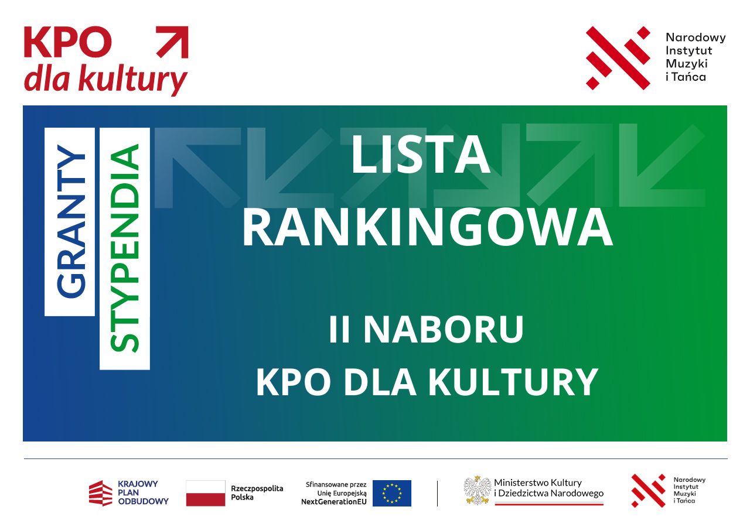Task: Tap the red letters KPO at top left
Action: coord(67,42)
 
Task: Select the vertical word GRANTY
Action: coord(71,221)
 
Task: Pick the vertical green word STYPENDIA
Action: coord(124,248)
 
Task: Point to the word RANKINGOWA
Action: coord(427,227)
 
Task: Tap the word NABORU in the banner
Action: coord(444,329)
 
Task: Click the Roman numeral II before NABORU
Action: coord(339,329)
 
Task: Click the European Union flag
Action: coord(392,493)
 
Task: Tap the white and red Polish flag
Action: coord(206,493)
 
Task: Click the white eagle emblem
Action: coord(478,490)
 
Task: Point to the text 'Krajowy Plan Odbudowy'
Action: coord(143,492)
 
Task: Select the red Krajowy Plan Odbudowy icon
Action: coord(100,493)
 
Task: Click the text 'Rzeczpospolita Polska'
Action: coord(257,493)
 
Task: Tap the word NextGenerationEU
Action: coord(333,502)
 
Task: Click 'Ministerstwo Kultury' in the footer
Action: coord(538,483)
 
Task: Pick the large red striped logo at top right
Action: coord(618,58)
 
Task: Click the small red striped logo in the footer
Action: coord(648,491)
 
